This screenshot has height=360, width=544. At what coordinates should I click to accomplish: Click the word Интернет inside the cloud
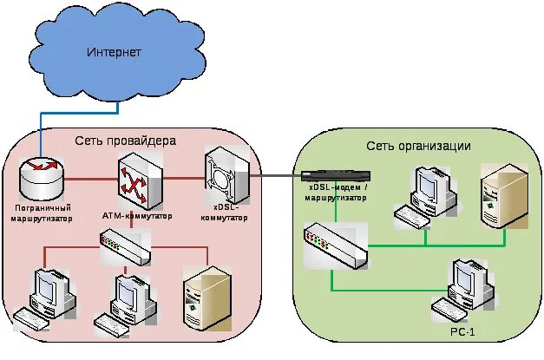(114, 53)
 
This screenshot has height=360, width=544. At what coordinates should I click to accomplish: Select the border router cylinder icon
(42, 179)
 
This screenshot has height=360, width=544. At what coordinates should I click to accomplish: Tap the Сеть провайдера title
(125, 141)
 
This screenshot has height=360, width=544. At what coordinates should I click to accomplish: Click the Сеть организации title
(418, 146)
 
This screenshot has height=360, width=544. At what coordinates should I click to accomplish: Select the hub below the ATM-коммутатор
(124, 246)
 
